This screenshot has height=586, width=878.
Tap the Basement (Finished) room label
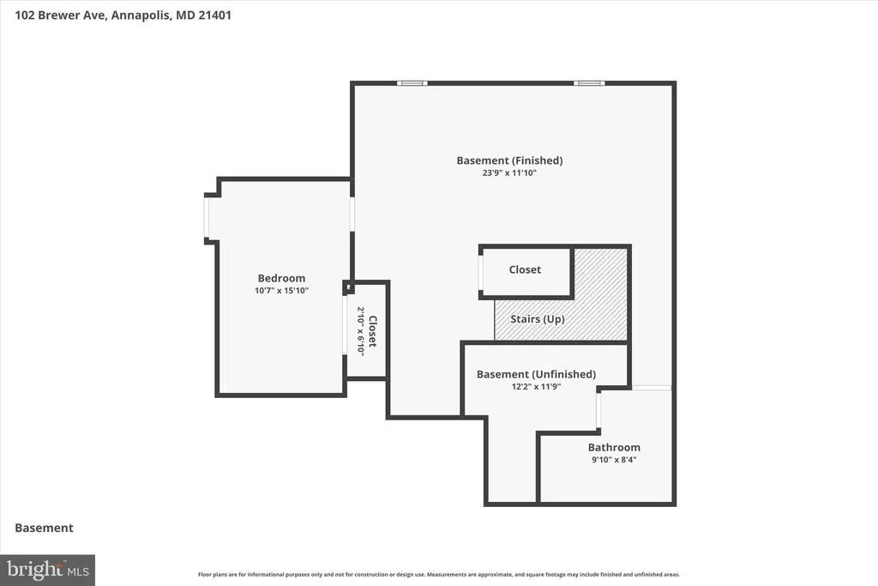(x=509, y=160)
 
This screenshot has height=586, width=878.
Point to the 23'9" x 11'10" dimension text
(x=509, y=173)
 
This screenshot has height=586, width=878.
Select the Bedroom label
(x=281, y=279)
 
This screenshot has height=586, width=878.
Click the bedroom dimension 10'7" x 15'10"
(x=281, y=291)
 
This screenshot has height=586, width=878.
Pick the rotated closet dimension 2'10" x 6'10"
(x=361, y=331)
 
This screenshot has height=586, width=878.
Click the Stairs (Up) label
(x=538, y=319)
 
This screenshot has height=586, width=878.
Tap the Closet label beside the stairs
(x=525, y=269)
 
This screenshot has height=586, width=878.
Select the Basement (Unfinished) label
(x=536, y=374)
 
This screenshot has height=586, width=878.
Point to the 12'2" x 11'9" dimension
(x=536, y=387)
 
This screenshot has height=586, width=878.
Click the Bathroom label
(x=614, y=447)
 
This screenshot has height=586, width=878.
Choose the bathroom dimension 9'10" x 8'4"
(x=614, y=460)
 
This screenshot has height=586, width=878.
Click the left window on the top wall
(x=412, y=83)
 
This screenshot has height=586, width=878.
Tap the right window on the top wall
(x=589, y=83)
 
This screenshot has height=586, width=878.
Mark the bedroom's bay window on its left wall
(x=207, y=219)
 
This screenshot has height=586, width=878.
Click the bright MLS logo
(x=48, y=571)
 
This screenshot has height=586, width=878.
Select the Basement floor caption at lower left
(x=45, y=528)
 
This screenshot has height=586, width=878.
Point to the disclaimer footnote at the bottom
(x=439, y=574)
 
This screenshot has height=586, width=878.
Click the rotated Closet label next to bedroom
(x=372, y=331)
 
